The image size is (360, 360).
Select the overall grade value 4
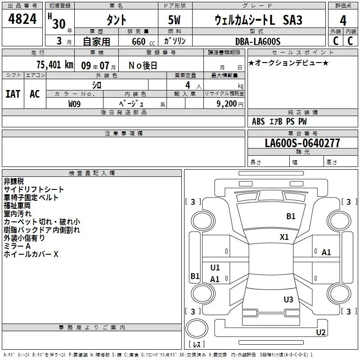(x=343, y=21)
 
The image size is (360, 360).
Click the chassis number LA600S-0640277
(x=302, y=143)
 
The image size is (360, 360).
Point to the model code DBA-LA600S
(x=257, y=41)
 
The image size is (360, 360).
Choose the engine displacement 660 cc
(x=138, y=41)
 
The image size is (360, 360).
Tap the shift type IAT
(x=13, y=94)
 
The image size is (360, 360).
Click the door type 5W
(x=175, y=21)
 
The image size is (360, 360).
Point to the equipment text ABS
(x=258, y=121)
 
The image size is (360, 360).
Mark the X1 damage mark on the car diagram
(x=284, y=237)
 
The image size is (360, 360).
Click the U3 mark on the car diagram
(x=288, y=299)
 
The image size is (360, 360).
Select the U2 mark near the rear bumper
(x=321, y=333)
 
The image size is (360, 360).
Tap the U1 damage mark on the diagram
(x=215, y=268)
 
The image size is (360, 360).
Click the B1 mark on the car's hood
(x=291, y=216)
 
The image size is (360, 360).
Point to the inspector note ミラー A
(x=17, y=246)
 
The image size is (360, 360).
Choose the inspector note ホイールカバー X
(x=31, y=254)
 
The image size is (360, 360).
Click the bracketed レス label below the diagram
(x=196, y=344)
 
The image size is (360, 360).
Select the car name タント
(x=116, y=21)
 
